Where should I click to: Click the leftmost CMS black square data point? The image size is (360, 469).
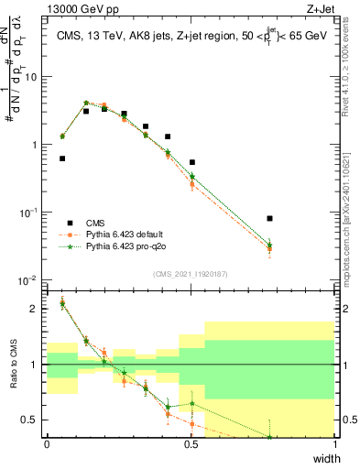click(x=62, y=158)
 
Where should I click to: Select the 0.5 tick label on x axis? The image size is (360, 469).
click(x=191, y=445)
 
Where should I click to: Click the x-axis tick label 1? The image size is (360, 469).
click(x=335, y=445)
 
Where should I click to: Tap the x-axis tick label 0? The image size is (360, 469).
click(x=47, y=445)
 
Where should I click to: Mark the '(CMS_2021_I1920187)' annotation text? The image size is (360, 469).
click(x=191, y=273)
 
